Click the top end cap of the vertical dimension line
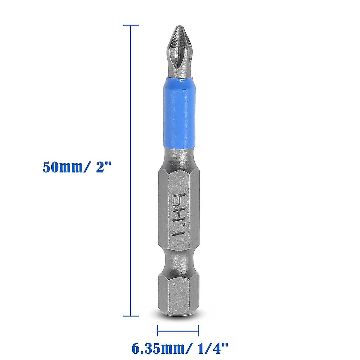pyautogui.click(x=131, y=25)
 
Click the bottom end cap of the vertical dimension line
pyautogui.click(x=131, y=316)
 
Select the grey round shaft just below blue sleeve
pyautogui.click(x=178, y=156)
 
